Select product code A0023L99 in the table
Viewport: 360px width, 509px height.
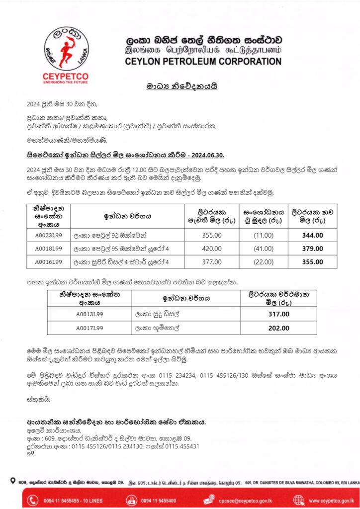click(x=48, y=235)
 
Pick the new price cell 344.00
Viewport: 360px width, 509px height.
click(x=312, y=235)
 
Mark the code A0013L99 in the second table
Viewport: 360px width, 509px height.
click(x=90, y=314)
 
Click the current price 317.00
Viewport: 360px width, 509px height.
click(x=278, y=314)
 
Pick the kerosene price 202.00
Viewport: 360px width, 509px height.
click(x=278, y=328)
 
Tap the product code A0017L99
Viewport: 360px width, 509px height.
click(x=90, y=328)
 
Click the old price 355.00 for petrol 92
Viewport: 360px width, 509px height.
click(x=212, y=235)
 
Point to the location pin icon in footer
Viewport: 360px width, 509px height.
click(x=12, y=481)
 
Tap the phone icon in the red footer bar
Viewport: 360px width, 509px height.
click(x=33, y=500)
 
